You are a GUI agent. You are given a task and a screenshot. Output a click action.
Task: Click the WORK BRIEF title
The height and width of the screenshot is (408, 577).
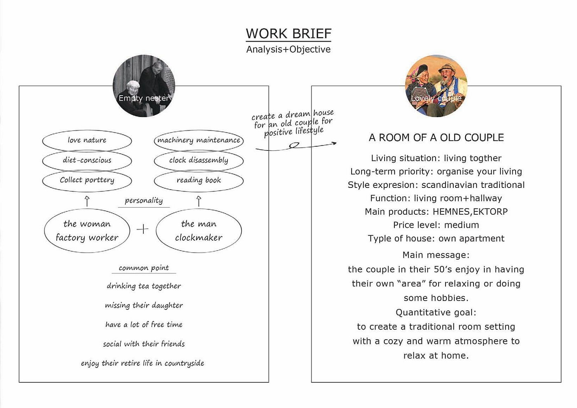click(x=288, y=33)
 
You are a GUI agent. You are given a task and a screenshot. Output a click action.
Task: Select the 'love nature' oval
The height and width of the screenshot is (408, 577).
click(x=87, y=140)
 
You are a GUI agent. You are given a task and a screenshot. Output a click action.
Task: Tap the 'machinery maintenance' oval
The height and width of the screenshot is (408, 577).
click(x=199, y=140)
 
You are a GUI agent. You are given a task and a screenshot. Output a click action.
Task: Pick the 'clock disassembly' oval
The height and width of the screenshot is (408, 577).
click(x=199, y=160)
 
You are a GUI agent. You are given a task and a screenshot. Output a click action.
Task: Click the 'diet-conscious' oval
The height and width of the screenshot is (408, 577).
click(x=87, y=160)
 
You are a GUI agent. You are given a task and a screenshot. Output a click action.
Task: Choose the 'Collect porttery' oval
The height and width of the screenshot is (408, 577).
click(x=87, y=180)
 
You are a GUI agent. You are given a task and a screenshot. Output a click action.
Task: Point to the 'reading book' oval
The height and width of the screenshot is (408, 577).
click(x=199, y=180)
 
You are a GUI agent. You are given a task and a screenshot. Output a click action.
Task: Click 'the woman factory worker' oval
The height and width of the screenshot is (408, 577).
click(x=87, y=230)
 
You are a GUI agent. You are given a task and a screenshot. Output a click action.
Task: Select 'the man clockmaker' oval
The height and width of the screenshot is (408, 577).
click(x=199, y=230)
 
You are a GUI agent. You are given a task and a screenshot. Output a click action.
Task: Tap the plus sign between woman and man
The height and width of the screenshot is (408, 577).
click(x=143, y=229)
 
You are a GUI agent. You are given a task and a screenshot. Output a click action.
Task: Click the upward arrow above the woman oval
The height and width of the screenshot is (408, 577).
click(x=87, y=201)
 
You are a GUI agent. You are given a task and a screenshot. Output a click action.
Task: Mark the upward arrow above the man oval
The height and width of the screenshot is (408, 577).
click(x=199, y=201)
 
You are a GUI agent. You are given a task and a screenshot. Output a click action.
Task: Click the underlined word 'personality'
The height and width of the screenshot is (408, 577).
click(x=144, y=201)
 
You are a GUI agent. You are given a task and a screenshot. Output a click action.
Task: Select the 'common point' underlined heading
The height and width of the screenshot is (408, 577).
click(x=144, y=268)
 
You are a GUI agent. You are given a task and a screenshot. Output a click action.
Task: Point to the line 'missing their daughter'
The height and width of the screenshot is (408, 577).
click(x=144, y=305)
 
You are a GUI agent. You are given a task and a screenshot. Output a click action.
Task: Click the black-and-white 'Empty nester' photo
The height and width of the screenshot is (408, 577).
click(x=144, y=86)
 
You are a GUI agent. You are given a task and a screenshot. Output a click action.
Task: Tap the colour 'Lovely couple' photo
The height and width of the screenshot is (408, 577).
click(x=436, y=86)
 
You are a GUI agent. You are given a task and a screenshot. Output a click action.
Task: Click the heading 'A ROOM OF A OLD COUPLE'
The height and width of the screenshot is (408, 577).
click(x=436, y=138)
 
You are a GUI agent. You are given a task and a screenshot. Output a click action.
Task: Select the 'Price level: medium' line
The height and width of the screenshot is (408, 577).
click(x=436, y=225)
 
